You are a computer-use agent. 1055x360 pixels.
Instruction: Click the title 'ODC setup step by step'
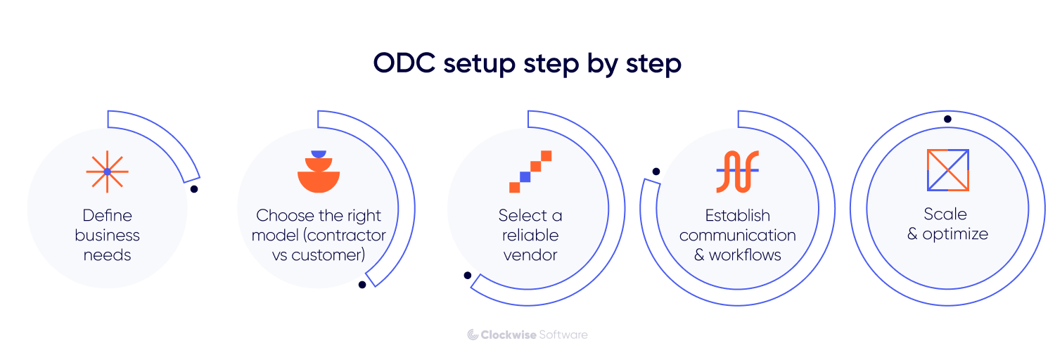tap(527, 64)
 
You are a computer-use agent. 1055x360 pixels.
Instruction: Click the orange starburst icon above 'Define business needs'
tap(107, 172)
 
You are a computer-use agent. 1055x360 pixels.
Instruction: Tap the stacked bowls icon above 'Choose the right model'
tap(319, 172)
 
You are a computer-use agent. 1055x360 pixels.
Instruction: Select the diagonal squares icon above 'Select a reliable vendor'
tap(530, 172)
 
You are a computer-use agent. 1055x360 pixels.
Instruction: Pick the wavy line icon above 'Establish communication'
tap(737, 172)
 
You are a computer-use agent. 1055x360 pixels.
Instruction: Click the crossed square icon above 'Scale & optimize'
tap(947, 170)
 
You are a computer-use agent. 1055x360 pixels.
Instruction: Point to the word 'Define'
tap(107, 215)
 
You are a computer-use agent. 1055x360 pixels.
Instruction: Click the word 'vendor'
tap(530, 255)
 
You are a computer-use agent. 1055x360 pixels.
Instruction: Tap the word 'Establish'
tap(737, 215)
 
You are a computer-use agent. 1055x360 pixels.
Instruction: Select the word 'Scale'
tap(945, 214)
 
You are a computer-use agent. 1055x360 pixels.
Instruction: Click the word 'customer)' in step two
tap(330, 255)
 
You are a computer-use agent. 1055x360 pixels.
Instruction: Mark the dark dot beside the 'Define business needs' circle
tap(194, 189)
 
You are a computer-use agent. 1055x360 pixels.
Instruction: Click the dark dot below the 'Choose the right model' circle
tap(362, 285)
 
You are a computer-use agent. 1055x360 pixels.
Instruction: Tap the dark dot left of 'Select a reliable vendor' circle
tap(468, 275)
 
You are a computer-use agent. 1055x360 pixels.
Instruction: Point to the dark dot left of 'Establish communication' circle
tap(656, 172)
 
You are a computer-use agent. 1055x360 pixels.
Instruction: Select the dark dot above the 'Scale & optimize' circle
tap(947, 119)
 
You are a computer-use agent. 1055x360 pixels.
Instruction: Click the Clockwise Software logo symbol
tap(473, 335)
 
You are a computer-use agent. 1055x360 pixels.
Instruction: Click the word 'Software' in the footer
tap(563, 335)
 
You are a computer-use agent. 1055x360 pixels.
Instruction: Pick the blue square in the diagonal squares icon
tap(525, 176)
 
